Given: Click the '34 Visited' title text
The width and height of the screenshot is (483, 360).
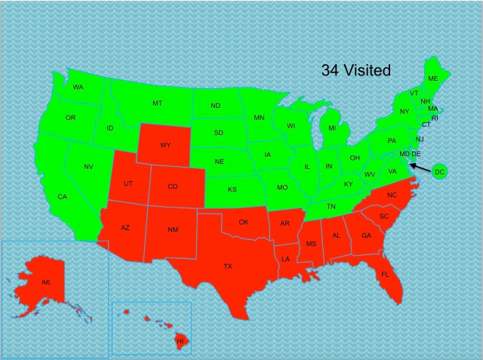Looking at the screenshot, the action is (x=356, y=71).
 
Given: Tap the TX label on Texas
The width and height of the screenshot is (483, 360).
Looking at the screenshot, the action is (x=228, y=266).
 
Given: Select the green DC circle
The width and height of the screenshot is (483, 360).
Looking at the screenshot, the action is (x=440, y=173).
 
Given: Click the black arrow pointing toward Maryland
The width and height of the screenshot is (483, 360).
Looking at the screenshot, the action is (x=419, y=164).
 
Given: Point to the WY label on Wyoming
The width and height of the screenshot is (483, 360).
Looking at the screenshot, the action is (x=165, y=144).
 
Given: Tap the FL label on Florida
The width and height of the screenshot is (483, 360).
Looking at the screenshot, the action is (x=385, y=274).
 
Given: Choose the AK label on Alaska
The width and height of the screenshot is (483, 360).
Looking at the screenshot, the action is (x=46, y=282).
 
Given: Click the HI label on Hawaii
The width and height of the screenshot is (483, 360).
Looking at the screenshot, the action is (x=180, y=342).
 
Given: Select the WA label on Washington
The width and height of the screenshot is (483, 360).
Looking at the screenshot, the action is (x=78, y=88).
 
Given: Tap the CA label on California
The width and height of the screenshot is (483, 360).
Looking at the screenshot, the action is (x=63, y=197).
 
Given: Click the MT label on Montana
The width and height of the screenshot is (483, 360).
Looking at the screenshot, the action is (x=157, y=103).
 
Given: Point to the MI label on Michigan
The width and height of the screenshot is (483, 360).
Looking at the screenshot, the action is (x=332, y=128).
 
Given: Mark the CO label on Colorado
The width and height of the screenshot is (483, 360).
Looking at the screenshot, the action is (x=173, y=186).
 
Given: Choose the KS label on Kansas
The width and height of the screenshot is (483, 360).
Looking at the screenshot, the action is (x=233, y=189).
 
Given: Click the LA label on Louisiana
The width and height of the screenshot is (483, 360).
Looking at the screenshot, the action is (x=286, y=258).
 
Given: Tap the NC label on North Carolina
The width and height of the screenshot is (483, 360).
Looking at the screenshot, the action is (x=391, y=195).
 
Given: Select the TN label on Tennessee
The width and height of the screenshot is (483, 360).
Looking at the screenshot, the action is (x=331, y=206).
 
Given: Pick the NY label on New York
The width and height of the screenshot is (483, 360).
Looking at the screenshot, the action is (x=405, y=112).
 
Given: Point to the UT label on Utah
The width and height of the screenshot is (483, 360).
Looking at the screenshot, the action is (x=129, y=184).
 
